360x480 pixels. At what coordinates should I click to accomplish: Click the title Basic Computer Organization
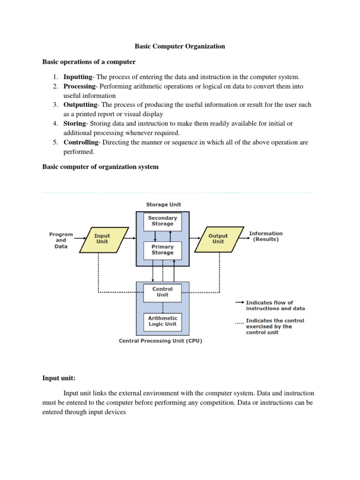tap(180, 46)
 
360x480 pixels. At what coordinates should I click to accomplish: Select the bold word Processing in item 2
tap(79, 86)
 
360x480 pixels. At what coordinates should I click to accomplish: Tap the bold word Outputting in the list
tap(80, 105)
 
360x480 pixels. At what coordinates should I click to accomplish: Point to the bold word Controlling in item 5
tap(81, 142)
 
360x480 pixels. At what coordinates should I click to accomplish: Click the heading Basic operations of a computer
tap(89, 62)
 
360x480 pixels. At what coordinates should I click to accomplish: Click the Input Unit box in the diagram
tap(102, 239)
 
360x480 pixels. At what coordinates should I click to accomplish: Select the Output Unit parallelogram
tap(218, 239)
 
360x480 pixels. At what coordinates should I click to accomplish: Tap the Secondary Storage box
tap(162, 221)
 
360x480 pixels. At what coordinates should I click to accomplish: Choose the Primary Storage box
tap(162, 249)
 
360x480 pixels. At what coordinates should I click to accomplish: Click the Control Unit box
tap(162, 292)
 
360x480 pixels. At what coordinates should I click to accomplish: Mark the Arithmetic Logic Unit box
tap(162, 321)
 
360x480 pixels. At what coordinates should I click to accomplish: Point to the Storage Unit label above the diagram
tap(163, 204)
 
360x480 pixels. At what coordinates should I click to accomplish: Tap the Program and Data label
tap(61, 240)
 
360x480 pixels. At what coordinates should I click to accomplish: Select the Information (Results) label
tap(266, 236)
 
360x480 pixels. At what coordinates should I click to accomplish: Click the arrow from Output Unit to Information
tap(242, 239)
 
